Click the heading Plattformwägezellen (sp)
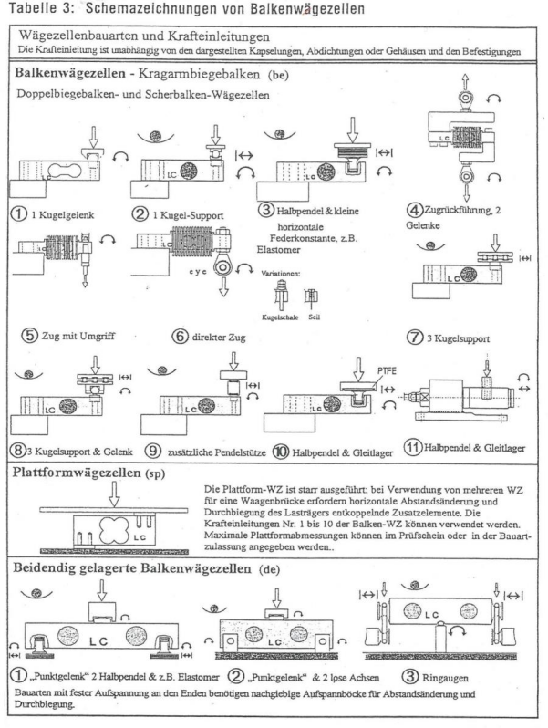[x=83, y=474]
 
